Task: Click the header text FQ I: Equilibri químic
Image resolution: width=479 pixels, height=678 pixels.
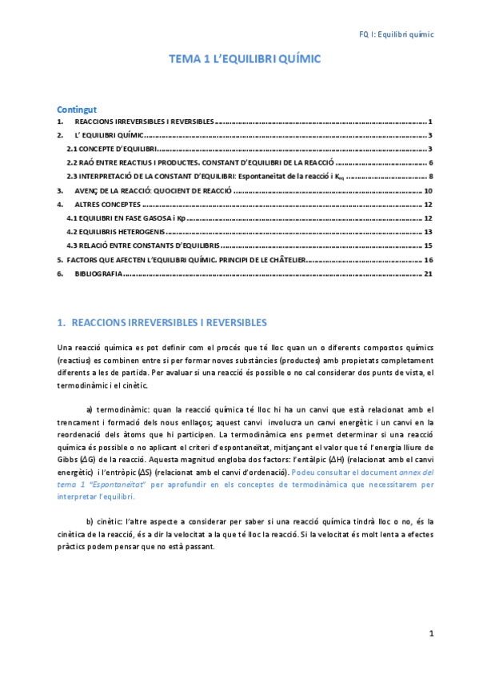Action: pyautogui.click(x=394, y=34)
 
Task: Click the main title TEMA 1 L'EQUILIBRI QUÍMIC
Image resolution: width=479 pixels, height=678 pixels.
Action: pyautogui.click(x=245, y=59)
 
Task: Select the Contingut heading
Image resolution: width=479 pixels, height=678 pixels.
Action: pyautogui.click(x=77, y=109)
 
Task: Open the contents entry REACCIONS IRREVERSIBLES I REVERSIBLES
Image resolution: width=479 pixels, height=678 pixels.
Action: pyautogui.click(x=143, y=122)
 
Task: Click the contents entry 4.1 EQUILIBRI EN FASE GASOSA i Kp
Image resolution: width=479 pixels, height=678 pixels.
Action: pyautogui.click(x=126, y=218)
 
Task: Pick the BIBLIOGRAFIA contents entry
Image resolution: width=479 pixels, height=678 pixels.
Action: pyautogui.click(x=98, y=273)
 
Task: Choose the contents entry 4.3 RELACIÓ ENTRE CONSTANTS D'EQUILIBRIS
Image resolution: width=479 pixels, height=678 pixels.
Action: pyautogui.click(x=143, y=245)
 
